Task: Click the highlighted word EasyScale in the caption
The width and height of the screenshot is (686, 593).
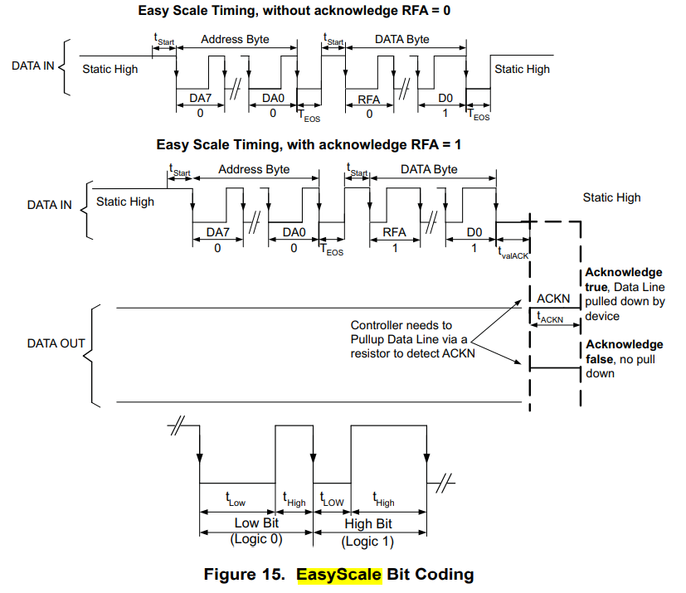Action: pos(339,574)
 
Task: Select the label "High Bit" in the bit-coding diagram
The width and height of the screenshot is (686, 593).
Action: pos(368,524)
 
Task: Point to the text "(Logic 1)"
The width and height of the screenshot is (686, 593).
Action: pos(368,541)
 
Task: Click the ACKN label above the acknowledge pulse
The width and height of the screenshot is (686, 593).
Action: pos(553,298)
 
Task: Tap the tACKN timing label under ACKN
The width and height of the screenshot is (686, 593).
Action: pos(551,317)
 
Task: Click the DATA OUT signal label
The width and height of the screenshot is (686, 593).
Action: pos(56,343)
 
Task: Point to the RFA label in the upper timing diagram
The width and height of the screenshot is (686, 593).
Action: pos(368,99)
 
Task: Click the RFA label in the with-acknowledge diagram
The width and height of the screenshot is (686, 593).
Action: pos(393,232)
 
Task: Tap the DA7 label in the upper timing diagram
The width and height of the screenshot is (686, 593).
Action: pos(201,99)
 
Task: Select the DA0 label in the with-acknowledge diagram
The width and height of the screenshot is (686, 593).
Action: pos(294,232)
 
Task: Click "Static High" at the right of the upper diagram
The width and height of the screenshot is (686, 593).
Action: pos(522,69)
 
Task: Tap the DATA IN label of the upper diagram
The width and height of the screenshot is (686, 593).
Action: pos(32,65)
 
